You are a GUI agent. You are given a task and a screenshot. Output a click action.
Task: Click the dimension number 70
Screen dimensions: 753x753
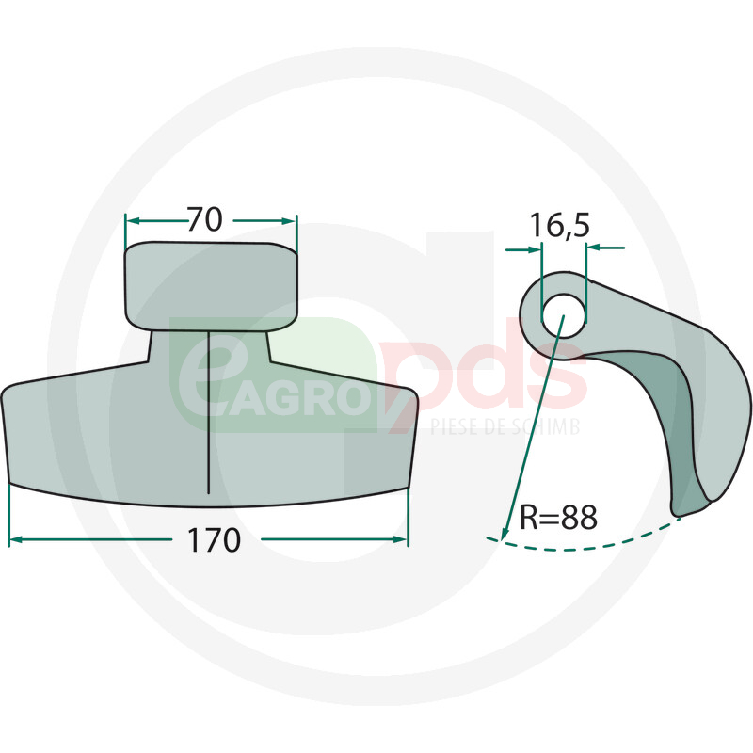click(x=204, y=219)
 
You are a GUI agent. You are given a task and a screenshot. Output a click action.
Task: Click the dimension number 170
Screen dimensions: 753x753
click(x=214, y=540)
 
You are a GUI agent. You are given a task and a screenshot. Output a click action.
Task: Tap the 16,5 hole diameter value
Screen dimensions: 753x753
click(x=559, y=225)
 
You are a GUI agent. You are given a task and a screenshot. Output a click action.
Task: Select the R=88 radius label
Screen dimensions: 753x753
click(x=558, y=517)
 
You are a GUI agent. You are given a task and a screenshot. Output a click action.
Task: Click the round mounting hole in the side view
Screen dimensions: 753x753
click(x=564, y=315)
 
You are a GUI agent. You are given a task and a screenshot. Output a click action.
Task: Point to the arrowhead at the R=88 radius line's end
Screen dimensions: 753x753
click(x=505, y=534)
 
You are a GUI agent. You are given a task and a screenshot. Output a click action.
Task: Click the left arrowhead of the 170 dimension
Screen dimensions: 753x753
click(x=15, y=539)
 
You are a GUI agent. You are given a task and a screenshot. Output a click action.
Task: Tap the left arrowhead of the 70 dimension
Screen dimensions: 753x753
click(x=132, y=221)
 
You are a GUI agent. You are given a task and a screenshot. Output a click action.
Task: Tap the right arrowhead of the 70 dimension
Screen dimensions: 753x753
click(x=290, y=221)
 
